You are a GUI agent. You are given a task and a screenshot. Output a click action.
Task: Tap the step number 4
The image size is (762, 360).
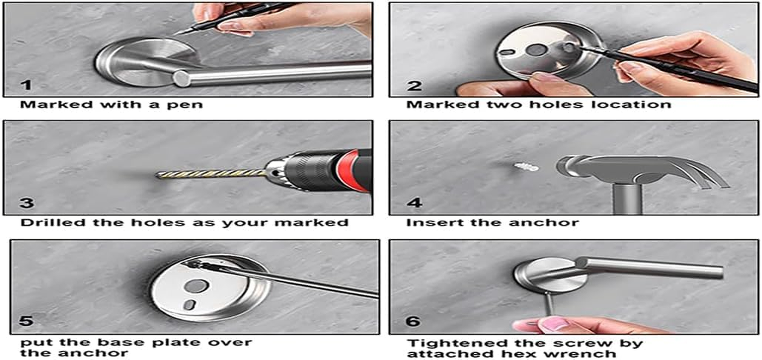[x=414, y=202]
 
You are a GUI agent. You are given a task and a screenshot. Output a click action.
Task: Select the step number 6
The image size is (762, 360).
[x=413, y=321]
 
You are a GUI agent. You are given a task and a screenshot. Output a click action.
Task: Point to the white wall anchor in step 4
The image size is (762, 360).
[x=526, y=167]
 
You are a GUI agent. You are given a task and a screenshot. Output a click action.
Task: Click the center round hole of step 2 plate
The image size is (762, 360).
[x=535, y=50]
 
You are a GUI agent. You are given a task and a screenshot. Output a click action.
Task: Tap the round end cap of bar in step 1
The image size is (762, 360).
[x=181, y=79]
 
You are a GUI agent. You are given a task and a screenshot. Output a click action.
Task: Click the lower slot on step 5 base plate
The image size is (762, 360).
[x=189, y=304]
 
